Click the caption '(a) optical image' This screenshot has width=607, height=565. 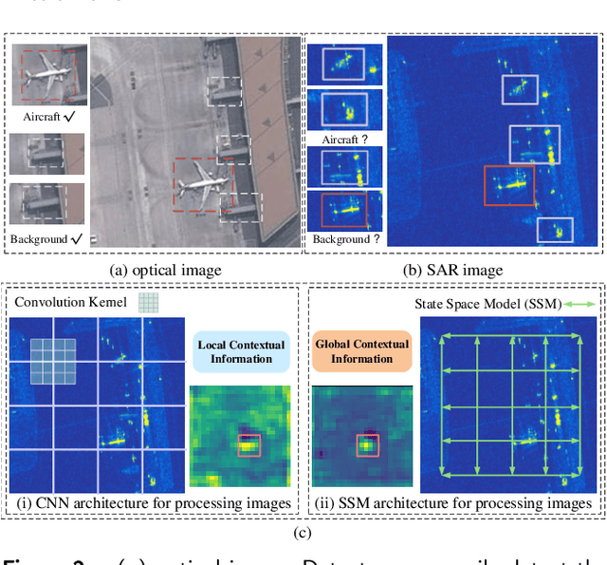(166, 270)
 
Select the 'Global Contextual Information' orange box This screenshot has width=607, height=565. (361, 351)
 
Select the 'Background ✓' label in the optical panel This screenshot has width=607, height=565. (46, 239)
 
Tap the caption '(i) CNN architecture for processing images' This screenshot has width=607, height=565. (152, 502)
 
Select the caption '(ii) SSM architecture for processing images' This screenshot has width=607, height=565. (456, 502)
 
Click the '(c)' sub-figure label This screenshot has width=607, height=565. (303, 533)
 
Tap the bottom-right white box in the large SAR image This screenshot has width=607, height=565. (555, 229)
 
